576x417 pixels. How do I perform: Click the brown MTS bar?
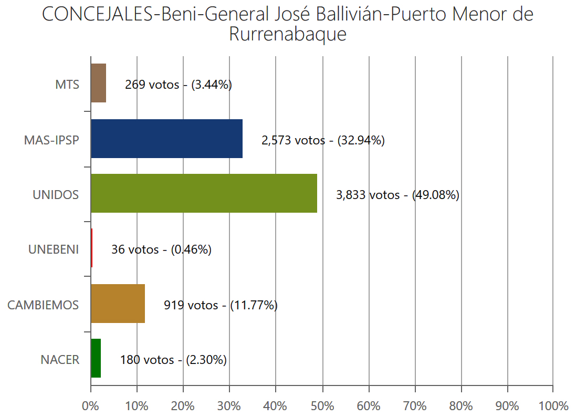tap(98, 83)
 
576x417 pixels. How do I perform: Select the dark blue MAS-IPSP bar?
tap(166, 139)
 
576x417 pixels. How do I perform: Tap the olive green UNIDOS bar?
tap(204, 193)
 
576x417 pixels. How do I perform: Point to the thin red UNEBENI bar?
tap(91, 248)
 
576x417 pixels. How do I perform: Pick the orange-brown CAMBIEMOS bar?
tap(118, 304)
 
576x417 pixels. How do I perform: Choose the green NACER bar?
tap(96, 358)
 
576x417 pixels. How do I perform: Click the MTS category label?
tap(67, 84)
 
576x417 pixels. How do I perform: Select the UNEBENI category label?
tap(54, 249)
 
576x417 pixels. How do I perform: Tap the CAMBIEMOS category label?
tap(43, 305)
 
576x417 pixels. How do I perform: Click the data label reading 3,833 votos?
tap(397, 195)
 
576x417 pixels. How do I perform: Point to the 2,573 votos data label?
tap(323, 140)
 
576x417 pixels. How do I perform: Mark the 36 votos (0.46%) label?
tap(161, 249)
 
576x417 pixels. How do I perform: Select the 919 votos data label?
tap(221, 305)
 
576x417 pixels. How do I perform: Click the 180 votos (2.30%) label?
tap(173, 360)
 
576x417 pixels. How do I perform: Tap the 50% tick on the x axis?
tap(322, 406)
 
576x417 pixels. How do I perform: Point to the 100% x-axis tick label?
tap(553, 406)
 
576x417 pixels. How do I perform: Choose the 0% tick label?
tap(91, 406)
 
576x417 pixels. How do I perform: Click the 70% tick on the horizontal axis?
tap(415, 406)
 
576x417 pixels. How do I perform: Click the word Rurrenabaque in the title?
tap(288, 35)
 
